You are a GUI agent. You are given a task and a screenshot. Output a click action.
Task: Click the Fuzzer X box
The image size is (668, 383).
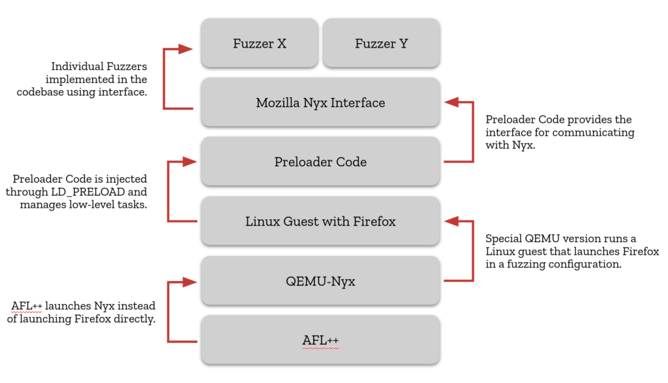pyautogui.click(x=260, y=44)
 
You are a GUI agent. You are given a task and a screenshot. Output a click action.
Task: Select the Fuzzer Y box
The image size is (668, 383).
pyautogui.click(x=381, y=44)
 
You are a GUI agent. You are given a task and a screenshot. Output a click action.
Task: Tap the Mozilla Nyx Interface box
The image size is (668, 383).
pyautogui.click(x=320, y=103)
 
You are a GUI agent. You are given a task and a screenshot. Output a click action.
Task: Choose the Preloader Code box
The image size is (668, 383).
pyautogui.click(x=320, y=162)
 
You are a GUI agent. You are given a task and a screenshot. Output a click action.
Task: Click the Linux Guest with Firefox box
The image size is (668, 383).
pyautogui.click(x=320, y=222)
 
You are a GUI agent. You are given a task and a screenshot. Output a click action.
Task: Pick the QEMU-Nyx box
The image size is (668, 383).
pyautogui.click(x=320, y=281)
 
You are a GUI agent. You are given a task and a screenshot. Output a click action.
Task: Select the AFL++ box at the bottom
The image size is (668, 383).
pyautogui.click(x=320, y=341)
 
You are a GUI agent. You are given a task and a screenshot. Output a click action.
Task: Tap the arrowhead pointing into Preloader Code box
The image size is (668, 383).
pyautogui.click(x=190, y=161)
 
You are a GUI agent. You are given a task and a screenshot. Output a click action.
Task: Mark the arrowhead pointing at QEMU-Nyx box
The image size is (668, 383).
pyautogui.click(x=190, y=282)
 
